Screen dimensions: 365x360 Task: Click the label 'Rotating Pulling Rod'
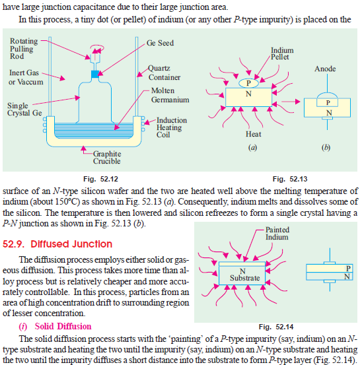coord(24,49)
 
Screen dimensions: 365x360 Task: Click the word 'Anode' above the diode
coord(325,69)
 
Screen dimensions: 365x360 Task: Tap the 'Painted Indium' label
coord(277,233)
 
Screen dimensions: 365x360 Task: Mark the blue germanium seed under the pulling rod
coord(94,74)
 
